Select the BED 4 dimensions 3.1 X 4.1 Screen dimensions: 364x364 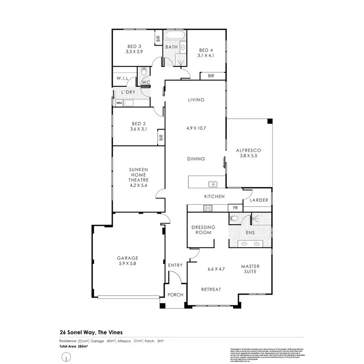206,56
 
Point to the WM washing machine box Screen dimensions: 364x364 118,103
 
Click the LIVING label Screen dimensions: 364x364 197,100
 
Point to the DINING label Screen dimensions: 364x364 197,159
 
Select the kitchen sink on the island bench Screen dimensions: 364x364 212,184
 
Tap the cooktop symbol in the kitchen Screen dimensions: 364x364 208,208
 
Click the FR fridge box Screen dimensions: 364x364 235,208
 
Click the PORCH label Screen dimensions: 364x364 176,295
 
